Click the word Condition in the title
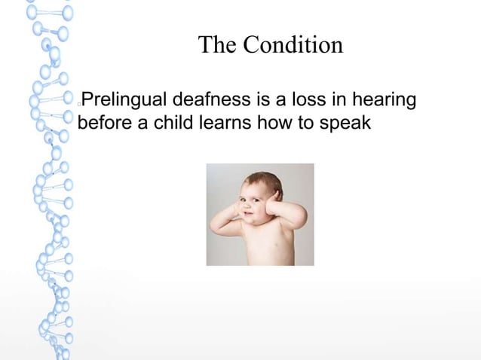(293, 45)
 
